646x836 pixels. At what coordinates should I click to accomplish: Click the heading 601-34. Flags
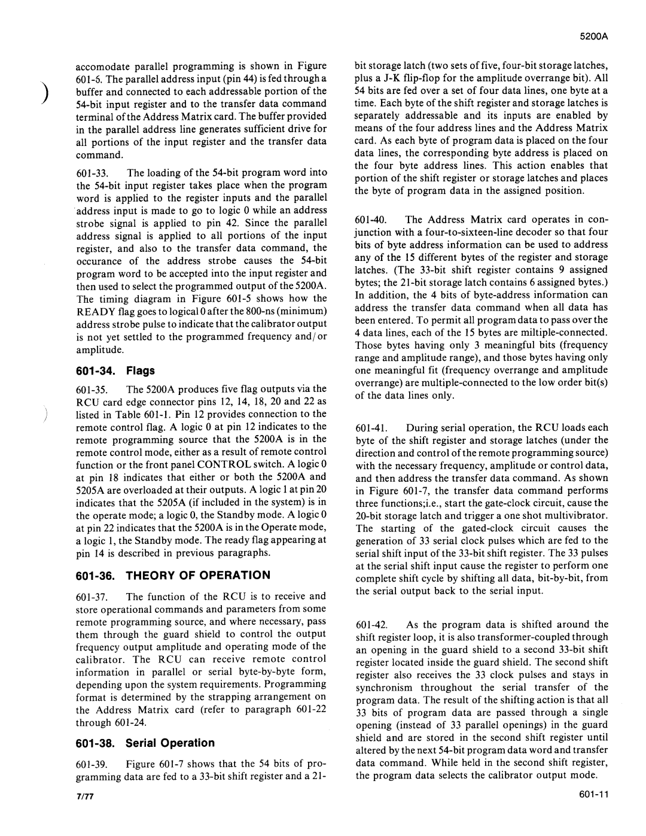click(x=115, y=370)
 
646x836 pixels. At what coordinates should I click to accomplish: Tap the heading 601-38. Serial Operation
click(x=145, y=743)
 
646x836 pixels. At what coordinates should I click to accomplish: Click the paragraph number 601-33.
click(x=92, y=172)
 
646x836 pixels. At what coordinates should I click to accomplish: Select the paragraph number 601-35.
click(x=92, y=388)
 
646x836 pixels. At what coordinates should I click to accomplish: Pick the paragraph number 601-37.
click(x=92, y=596)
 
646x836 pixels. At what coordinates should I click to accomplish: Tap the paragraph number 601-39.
click(x=92, y=764)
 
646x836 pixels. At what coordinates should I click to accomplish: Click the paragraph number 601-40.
click(x=370, y=220)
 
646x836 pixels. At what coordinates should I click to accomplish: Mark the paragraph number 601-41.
click(x=370, y=427)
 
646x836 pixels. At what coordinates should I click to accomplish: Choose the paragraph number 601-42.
click(x=370, y=624)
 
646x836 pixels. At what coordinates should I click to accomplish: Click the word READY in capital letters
click(x=95, y=311)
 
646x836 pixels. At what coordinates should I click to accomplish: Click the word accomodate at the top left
click(x=102, y=66)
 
